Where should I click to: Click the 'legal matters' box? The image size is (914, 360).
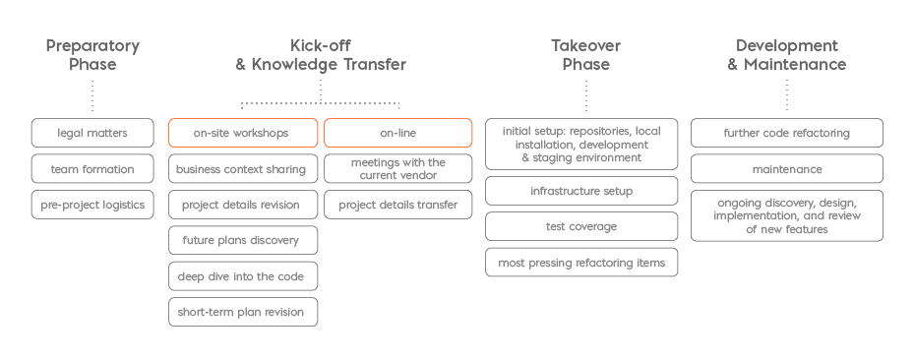92,133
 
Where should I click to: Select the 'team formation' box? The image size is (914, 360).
92,169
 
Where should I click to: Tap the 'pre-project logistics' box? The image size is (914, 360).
92,205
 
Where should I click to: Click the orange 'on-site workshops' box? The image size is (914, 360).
242,133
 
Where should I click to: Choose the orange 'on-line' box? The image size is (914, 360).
397,133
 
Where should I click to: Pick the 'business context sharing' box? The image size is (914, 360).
242,169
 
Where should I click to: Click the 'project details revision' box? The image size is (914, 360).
242,205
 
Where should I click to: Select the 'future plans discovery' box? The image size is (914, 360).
242,240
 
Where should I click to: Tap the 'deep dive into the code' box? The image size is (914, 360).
242,276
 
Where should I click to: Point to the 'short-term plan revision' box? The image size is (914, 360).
242,312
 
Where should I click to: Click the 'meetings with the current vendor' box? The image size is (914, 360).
397,168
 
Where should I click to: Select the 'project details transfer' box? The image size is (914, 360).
397,205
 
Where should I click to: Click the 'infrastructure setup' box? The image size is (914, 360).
581,191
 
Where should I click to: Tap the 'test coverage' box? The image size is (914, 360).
581,226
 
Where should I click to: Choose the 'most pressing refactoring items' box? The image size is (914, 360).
581,263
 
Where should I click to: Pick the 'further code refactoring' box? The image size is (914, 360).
786,133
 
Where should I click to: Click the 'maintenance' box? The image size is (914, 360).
786,169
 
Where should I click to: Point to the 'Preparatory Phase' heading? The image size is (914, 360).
92,55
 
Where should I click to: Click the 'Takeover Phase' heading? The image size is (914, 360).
585,55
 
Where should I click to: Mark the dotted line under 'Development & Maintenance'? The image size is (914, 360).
786,95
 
